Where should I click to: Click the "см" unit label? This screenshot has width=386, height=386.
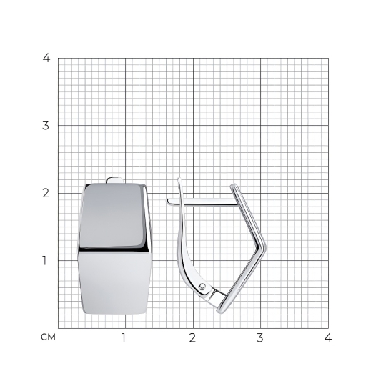click(48, 337)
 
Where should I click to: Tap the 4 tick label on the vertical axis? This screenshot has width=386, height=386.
click(46, 58)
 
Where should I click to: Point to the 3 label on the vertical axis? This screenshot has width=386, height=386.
click(46, 126)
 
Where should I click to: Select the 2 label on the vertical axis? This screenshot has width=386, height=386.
click(46, 193)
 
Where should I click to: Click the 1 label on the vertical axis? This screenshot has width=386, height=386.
click(44, 260)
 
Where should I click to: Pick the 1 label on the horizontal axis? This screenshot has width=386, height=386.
click(124, 337)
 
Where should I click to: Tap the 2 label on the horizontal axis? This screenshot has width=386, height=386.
click(192, 337)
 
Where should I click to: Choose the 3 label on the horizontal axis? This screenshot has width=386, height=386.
click(260, 337)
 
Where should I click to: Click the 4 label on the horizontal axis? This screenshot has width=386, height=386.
click(328, 337)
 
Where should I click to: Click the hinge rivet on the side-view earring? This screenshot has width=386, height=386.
click(202, 287)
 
